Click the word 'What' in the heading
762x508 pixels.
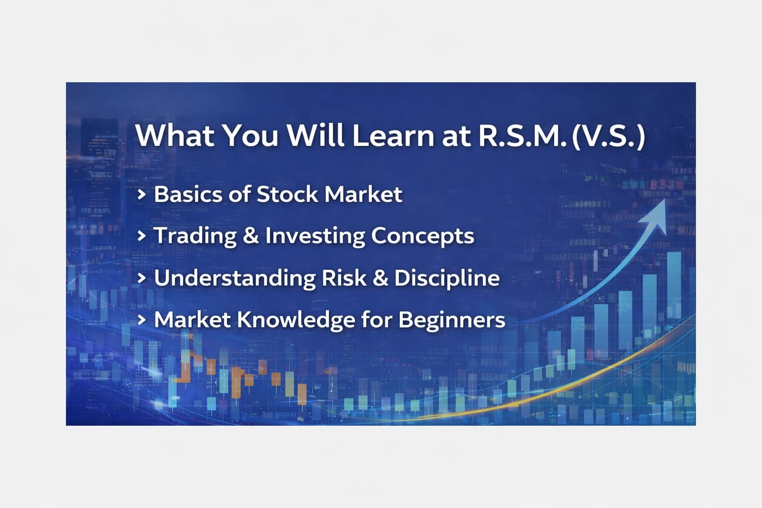click(x=175, y=135)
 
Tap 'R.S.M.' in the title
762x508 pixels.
click(x=522, y=136)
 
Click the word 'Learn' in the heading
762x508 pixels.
click(x=393, y=135)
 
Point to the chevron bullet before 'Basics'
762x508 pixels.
click(x=141, y=194)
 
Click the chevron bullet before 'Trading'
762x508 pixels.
click(x=141, y=236)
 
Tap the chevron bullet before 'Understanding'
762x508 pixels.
click(x=141, y=278)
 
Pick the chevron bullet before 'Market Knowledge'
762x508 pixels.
click(x=141, y=320)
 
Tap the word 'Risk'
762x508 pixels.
click(x=344, y=278)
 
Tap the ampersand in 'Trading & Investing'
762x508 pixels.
click(x=251, y=236)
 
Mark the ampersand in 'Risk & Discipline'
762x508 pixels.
click(x=381, y=278)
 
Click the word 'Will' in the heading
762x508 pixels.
click(x=315, y=135)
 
